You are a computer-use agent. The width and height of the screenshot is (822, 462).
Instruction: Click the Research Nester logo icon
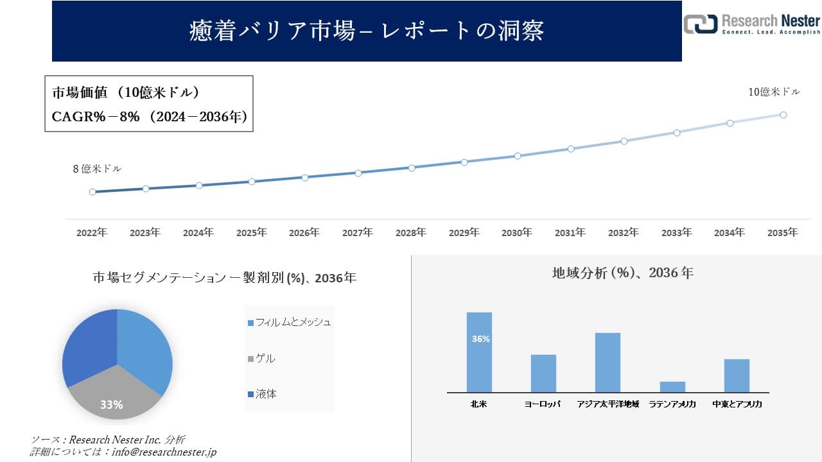pos(699,24)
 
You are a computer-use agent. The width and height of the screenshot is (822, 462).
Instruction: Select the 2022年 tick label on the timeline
pos(92,233)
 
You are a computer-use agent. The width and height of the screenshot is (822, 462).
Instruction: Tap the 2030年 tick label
pos(517,233)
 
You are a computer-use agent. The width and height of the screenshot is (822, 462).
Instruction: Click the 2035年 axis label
pos(783,233)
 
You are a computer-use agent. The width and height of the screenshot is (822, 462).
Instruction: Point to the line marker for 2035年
pos(783,115)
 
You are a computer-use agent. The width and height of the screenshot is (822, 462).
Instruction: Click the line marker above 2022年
pos(92,192)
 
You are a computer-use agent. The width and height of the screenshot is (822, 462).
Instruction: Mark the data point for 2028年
pos(412,167)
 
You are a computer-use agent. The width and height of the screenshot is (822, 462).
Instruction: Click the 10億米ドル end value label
pos(774,92)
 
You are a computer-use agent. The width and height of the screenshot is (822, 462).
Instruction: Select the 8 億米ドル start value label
pos(97,169)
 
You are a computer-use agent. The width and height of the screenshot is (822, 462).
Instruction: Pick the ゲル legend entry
pos(265,358)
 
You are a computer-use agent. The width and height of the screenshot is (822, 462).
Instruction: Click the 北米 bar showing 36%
pos(479,352)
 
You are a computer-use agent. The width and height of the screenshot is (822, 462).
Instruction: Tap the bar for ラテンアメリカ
pos(672,387)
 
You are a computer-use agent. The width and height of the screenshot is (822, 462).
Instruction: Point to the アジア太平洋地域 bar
pos(608,363)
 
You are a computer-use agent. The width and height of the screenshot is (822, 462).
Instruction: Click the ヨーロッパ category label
pos(543,404)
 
